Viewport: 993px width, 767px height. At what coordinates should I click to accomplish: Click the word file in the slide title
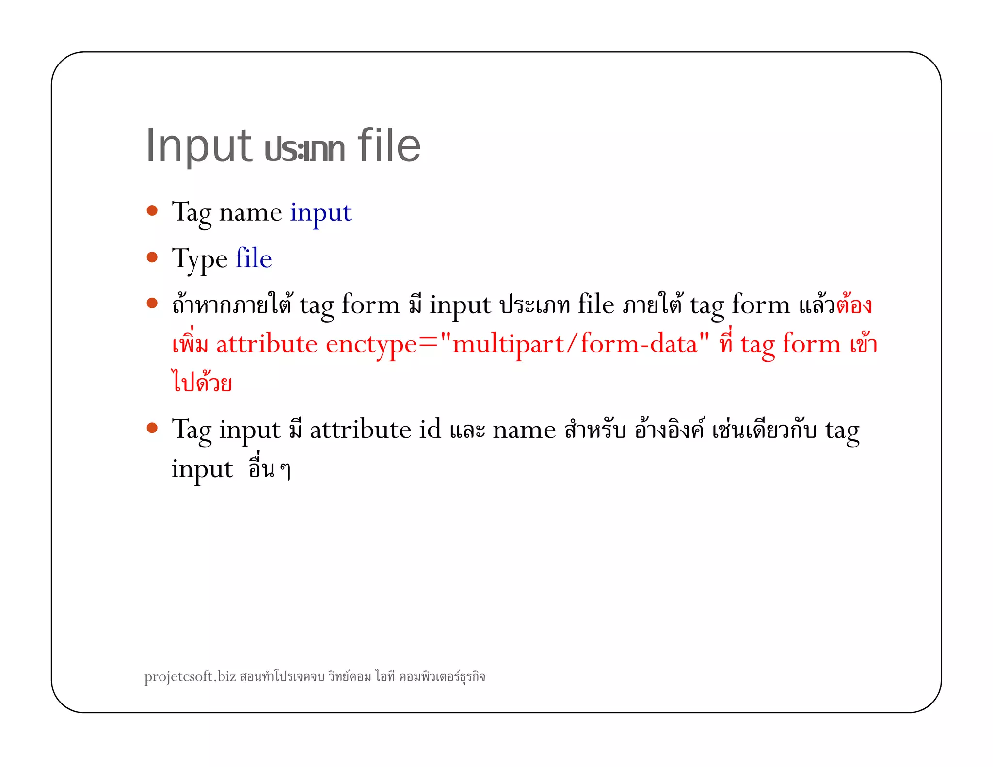click(389, 145)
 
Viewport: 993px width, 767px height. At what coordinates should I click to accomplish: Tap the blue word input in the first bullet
click(320, 213)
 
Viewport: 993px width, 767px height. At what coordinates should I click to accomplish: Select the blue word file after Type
click(254, 258)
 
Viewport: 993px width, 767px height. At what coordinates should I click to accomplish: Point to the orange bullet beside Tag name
click(152, 210)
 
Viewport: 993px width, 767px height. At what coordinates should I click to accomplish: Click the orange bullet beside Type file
click(152, 257)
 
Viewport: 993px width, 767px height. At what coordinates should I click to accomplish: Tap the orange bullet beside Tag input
click(152, 428)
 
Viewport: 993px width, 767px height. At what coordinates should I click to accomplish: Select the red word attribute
click(267, 344)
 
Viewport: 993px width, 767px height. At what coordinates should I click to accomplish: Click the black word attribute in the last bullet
click(360, 430)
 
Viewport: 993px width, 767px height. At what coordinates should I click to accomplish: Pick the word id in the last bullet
click(430, 430)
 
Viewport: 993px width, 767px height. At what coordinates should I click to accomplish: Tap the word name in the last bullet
click(524, 431)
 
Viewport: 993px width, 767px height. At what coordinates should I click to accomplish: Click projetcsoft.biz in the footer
click(190, 676)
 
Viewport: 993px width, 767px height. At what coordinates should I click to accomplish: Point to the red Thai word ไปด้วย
click(202, 382)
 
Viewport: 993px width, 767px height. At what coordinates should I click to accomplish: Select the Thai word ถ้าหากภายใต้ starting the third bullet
click(232, 305)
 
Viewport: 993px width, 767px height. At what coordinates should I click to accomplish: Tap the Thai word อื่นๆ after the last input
click(270, 469)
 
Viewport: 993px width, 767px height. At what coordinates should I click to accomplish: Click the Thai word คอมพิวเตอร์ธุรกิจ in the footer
click(442, 677)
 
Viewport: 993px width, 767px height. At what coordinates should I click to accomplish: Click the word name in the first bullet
click(250, 213)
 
